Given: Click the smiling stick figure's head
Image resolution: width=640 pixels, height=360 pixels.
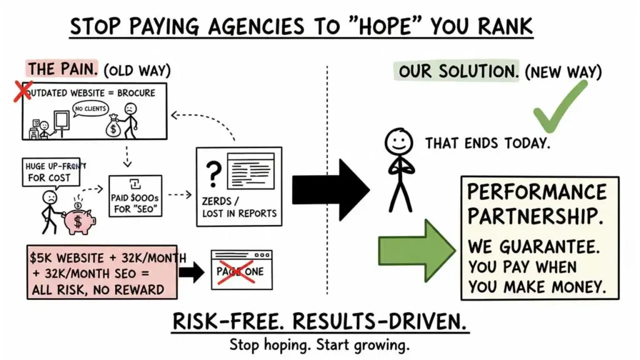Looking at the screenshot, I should click(399, 141).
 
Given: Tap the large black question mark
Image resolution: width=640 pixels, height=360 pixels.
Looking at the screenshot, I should click(213, 174).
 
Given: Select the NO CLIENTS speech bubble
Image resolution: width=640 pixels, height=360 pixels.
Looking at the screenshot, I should click(91, 109).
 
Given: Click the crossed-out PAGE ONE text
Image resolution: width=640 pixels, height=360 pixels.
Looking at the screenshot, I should click(240, 271).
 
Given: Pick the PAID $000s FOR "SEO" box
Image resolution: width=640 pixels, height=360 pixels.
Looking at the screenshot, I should click(135, 196).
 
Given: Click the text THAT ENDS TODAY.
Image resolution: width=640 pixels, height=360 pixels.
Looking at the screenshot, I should click(487, 144).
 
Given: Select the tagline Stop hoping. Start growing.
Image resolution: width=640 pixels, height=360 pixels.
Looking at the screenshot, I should click(320, 344).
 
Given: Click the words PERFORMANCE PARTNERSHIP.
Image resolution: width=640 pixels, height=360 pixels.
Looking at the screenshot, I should click(537, 204).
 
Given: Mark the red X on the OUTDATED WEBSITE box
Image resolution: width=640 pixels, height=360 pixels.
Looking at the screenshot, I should click(24, 91).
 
